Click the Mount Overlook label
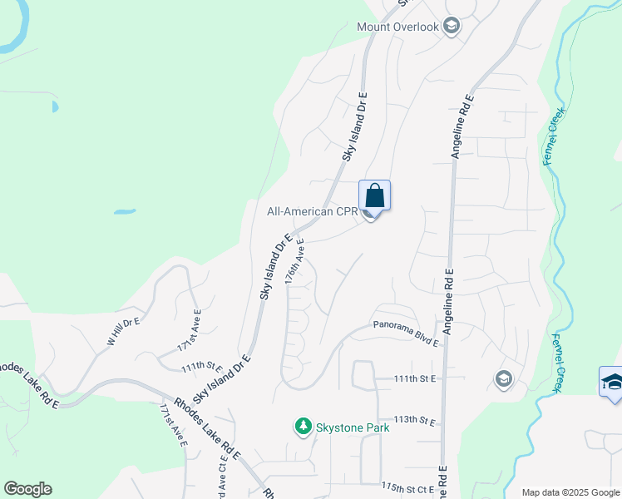[397, 27]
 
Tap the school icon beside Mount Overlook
[452, 27]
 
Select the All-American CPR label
[311, 211]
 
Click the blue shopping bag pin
[374, 196]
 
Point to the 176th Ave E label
[294, 262]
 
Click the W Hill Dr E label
[125, 330]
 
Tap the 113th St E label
[416, 420]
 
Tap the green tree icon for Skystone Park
[304, 427]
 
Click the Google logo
[27, 489]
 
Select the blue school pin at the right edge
[611, 383]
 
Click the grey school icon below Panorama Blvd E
[502, 380]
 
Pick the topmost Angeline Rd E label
[463, 126]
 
